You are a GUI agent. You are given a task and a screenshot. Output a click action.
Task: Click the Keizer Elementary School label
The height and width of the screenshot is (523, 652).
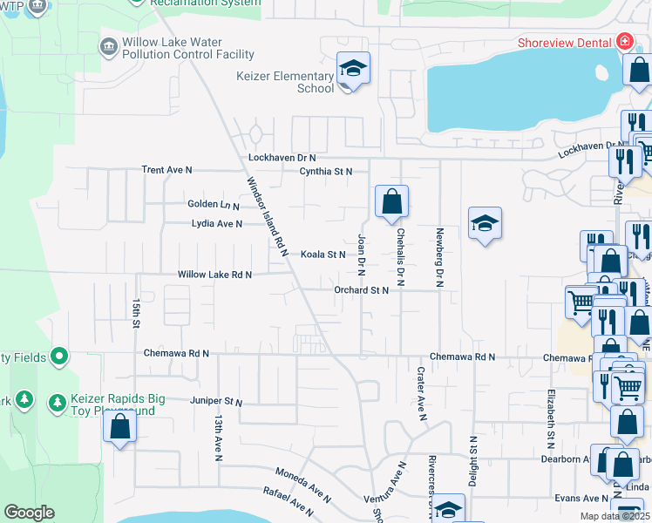point(285,82)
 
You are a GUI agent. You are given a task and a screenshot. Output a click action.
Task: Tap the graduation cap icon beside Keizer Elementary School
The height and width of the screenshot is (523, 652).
point(354,68)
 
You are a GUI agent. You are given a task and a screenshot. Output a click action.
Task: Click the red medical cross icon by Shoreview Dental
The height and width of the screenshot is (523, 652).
point(624,42)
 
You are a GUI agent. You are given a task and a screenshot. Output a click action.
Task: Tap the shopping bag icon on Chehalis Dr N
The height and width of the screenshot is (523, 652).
point(392,201)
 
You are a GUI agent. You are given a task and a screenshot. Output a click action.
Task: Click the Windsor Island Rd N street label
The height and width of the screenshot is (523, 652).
point(267,216)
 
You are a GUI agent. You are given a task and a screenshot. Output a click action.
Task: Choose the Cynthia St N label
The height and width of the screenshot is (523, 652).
point(326,172)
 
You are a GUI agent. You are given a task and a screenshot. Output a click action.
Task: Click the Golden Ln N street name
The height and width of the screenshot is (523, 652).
point(214,205)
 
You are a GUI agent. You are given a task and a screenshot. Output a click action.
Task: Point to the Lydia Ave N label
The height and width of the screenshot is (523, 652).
point(217,224)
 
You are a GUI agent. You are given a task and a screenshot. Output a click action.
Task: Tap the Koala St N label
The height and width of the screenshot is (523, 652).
point(323,255)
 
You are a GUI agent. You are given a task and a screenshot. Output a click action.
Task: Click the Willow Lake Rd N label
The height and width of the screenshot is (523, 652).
point(214,275)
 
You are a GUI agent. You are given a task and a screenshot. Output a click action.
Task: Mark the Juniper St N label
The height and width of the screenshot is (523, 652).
point(215,402)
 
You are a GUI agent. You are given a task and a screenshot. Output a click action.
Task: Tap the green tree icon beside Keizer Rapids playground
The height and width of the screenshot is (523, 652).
point(58,403)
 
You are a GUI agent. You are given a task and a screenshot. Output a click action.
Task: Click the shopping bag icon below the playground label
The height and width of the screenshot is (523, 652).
point(119,427)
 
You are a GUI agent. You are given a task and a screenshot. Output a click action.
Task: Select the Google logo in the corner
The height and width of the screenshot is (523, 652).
point(29,513)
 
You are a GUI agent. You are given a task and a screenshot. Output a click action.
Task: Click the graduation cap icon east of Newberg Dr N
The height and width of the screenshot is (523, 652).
point(486,224)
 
